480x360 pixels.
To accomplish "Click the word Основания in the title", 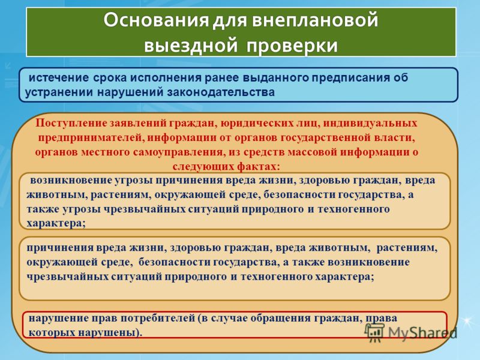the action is pyautogui.click(x=156, y=20).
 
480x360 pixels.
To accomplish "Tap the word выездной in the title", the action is pyautogui.click(x=191, y=46).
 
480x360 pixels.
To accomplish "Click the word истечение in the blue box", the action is pyautogui.click(x=58, y=77).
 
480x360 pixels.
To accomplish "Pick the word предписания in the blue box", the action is pyautogui.click(x=351, y=78).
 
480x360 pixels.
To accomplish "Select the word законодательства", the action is pyautogui.click(x=221, y=92).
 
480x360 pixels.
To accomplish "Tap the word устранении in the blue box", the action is pyautogui.click(x=59, y=92).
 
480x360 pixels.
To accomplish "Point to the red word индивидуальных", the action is pyautogui.click(x=370, y=124).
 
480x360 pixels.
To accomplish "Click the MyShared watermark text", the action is pyautogui.click(x=422, y=332).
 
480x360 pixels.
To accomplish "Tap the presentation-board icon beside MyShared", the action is pyautogui.click(x=374, y=332).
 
